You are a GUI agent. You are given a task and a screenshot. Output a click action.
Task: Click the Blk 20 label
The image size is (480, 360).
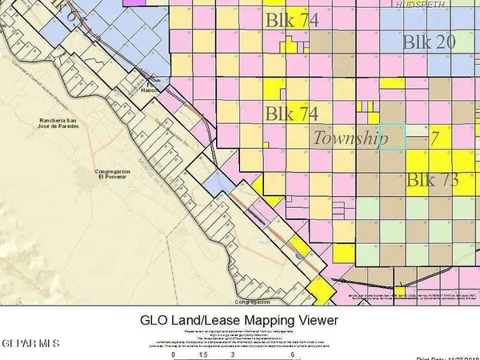[429, 42]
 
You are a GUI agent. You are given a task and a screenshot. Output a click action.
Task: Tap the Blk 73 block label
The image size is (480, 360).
[432, 180]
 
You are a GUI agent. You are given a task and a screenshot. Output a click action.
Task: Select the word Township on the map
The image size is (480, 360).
[350, 138]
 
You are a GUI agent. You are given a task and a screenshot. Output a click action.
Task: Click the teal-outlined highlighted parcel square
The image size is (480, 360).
[392, 136]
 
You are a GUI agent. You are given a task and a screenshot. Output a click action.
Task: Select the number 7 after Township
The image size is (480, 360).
[435, 138]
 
